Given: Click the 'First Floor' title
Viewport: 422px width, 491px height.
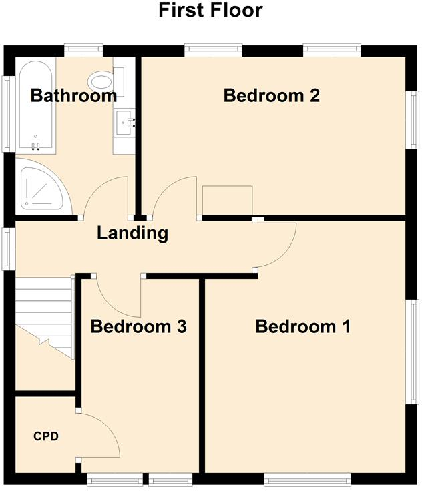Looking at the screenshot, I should tap(210, 11).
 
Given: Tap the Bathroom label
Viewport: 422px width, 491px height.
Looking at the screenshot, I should tap(73, 96).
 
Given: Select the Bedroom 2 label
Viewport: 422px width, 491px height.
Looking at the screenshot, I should tap(271, 95).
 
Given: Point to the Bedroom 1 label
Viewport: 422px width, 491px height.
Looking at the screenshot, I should tap(302, 326).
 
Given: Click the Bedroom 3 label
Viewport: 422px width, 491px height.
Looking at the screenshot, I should tap(138, 326).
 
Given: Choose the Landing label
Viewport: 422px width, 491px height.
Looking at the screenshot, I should tap(132, 233).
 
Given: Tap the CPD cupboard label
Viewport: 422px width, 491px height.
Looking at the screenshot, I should tap(46, 437).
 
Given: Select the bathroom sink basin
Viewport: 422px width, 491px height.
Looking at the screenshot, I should tap(125, 122).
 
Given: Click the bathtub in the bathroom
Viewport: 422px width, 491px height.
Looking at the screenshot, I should tap(35, 107).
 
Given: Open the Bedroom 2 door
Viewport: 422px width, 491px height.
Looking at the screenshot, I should tap(176, 198).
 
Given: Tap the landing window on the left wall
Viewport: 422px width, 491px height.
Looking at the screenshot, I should tap(9, 249).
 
